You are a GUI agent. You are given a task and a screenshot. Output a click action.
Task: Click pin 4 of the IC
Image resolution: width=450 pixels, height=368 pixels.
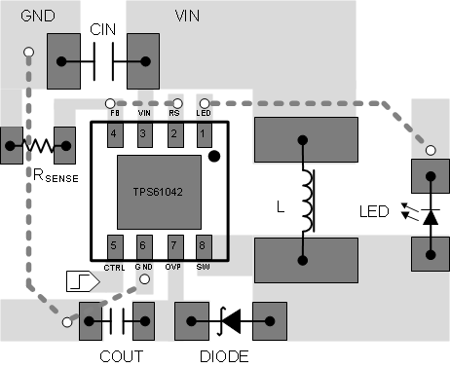114,132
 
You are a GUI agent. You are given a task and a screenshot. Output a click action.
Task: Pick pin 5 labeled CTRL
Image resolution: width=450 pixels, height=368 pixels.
114,245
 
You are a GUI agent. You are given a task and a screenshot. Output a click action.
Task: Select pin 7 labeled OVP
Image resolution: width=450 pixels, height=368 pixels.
174,245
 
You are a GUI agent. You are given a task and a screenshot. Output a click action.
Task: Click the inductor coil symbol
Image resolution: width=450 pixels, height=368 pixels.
309,201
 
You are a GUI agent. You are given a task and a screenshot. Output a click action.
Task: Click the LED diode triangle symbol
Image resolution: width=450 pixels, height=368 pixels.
428,214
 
